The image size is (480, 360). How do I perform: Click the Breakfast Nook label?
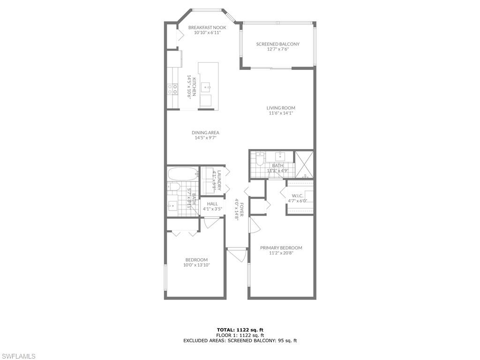207,28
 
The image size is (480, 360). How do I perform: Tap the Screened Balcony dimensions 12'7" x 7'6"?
277,49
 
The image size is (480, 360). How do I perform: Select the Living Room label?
281,108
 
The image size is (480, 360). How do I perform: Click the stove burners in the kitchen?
172,89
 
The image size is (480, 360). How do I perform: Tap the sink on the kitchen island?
205,87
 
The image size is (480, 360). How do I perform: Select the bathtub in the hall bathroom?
183,174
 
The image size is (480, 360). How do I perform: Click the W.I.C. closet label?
297,195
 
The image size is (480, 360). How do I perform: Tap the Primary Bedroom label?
281,248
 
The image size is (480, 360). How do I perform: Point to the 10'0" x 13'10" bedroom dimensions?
196,265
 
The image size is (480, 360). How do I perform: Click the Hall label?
212,204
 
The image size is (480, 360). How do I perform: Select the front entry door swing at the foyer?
238,256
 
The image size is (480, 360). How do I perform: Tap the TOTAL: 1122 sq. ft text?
240,330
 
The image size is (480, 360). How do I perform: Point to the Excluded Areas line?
240,341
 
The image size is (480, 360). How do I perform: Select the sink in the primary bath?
280,156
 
